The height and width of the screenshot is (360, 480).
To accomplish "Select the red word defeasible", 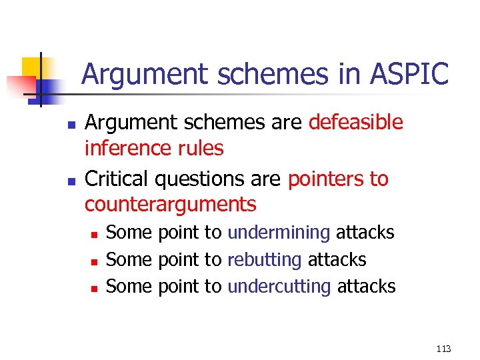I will pos(356,123).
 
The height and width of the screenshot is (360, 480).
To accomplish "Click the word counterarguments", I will pos(170,204).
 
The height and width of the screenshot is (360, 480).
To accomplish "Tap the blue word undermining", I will pos(279,233).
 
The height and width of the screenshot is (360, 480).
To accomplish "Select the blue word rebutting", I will pos(265,259).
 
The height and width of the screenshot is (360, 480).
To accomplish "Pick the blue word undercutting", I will pos(279,287).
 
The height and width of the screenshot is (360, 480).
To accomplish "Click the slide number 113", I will pos(443,349).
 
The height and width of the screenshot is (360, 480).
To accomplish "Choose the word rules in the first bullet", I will pos(202,148).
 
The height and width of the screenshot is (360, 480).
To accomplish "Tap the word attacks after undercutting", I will pos(366,287).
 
